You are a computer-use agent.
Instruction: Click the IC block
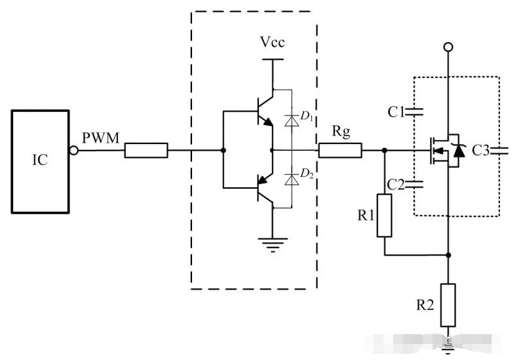[x=41, y=162]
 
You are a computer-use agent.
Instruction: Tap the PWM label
[x=101, y=138]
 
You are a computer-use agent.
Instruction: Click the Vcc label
[x=272, y=43]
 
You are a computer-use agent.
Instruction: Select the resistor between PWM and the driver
[x=146, y=150]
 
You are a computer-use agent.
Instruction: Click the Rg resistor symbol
[x=340, y=150]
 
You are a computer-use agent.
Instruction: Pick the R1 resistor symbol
[x=384, y=216]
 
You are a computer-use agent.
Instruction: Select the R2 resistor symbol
[x=448, y=305]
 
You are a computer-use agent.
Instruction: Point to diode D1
[x=292, y=121]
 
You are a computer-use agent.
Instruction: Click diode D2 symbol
[x=292, y=180]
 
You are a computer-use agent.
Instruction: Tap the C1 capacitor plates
[x=414, y=112]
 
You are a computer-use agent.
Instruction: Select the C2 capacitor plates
[x=414, y=184]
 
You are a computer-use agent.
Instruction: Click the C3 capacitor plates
[x=499, y=151]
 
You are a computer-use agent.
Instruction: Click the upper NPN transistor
[x=265, y=111]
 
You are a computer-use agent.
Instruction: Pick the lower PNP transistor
[x=265, y=189]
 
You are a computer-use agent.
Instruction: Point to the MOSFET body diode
[x=459, y=151]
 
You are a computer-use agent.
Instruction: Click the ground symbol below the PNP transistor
[x=273, y=244]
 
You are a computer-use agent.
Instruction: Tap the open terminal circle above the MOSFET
[x=448, y=47]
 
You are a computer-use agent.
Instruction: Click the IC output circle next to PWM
[x=74, y=151]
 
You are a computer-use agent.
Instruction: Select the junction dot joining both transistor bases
[x=223, y=151]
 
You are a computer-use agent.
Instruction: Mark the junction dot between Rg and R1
[x=385, y=151]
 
